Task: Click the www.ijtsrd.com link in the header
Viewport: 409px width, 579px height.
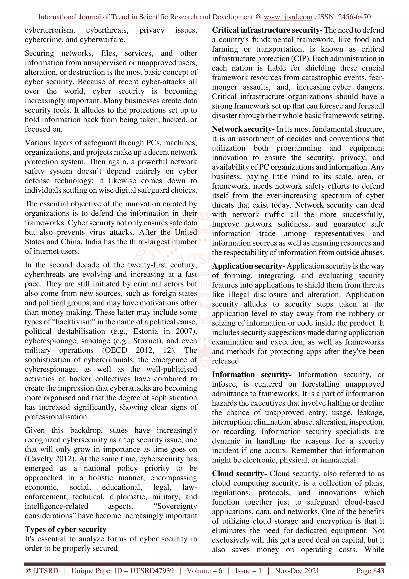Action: (288, 17)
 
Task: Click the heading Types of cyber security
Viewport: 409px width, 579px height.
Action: (65, 529)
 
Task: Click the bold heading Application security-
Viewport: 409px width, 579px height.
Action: (248, 266)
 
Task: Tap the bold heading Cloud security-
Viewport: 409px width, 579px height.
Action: (239, 474)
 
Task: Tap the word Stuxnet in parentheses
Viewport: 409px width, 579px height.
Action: (146, 341)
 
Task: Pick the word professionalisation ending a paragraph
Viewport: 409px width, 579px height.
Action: (57, 417)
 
